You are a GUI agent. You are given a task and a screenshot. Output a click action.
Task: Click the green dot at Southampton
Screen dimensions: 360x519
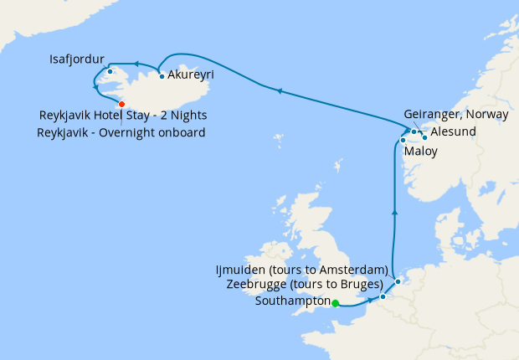(x=335, y=304)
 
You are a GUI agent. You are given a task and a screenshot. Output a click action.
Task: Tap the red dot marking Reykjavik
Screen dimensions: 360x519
(x=122, y=104)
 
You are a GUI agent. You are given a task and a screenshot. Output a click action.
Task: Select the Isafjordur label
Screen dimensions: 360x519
(x=77, y=59)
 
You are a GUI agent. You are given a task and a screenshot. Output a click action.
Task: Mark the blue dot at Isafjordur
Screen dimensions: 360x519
(x=110, y=71)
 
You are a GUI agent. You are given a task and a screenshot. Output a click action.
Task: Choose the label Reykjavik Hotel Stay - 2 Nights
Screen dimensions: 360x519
(x=123, y=116)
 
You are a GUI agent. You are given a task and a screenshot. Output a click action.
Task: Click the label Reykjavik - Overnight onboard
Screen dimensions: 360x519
(x=121, y=132)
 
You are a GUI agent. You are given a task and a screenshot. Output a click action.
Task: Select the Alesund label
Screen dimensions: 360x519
(x=454, y=131)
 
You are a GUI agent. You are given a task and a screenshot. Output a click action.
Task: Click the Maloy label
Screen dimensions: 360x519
(x=419, y=153)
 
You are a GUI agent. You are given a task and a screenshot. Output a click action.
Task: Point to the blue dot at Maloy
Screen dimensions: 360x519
(x=403, y=140)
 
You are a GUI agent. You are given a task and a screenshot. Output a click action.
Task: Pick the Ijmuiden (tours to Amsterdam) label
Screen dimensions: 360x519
(x=301, y=270)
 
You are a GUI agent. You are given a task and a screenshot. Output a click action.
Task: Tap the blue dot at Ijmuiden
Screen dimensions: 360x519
(x=398, y=281)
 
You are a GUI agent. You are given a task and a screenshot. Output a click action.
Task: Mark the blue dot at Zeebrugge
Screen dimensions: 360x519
(x=383, y=296)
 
